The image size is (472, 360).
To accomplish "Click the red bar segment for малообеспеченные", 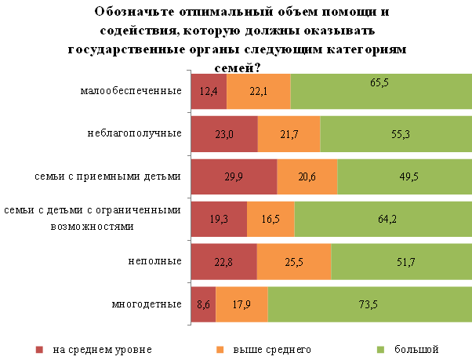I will (x=209, y=91).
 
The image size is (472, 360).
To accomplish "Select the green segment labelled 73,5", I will (x=369, y=304).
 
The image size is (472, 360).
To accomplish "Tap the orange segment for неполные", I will (x=294, y=262).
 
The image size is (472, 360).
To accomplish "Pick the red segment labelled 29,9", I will (x=234, y=176).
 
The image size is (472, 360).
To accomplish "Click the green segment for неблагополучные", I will (x=395, y=134).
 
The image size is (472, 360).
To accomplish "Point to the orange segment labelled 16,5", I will (x=270, y=219).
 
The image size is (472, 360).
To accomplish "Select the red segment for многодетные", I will (x=203, y=304).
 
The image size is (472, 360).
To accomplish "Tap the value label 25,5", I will (x=294, y=262).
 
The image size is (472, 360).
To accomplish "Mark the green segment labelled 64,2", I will (x=383, y=219).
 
